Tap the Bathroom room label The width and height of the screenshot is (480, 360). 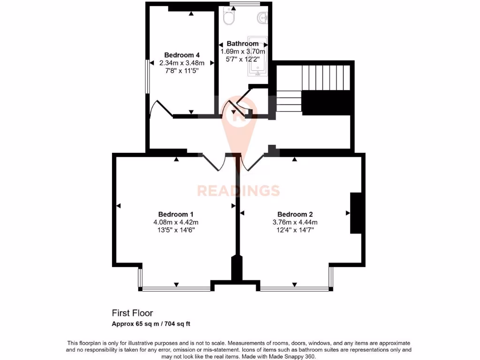pyautogui.click(x=242, y=44)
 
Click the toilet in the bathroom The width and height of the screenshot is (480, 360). pyautogui.click(x=230, y=17)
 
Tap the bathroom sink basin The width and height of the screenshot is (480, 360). pyautogui.click(x=262, y=18)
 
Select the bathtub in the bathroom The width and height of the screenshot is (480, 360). pyautogui.click(x=257, y=56)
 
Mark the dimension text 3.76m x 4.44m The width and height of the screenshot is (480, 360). pyautogui.click(x=295, y=222)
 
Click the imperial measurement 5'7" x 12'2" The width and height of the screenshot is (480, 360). pyautogui.click(x=242, y=60)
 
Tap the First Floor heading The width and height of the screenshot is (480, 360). pyautogui.click(x=132, y=313)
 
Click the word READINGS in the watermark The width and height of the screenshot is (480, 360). pyautogui.click(x=238, y=191)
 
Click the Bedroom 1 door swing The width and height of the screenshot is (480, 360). pyautogui.click(x=214, y=162)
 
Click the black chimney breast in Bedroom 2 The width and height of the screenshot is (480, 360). pyautogui.click(x=357, y=213)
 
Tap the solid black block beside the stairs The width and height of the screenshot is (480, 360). pyautogui.click(x=326, y=102)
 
